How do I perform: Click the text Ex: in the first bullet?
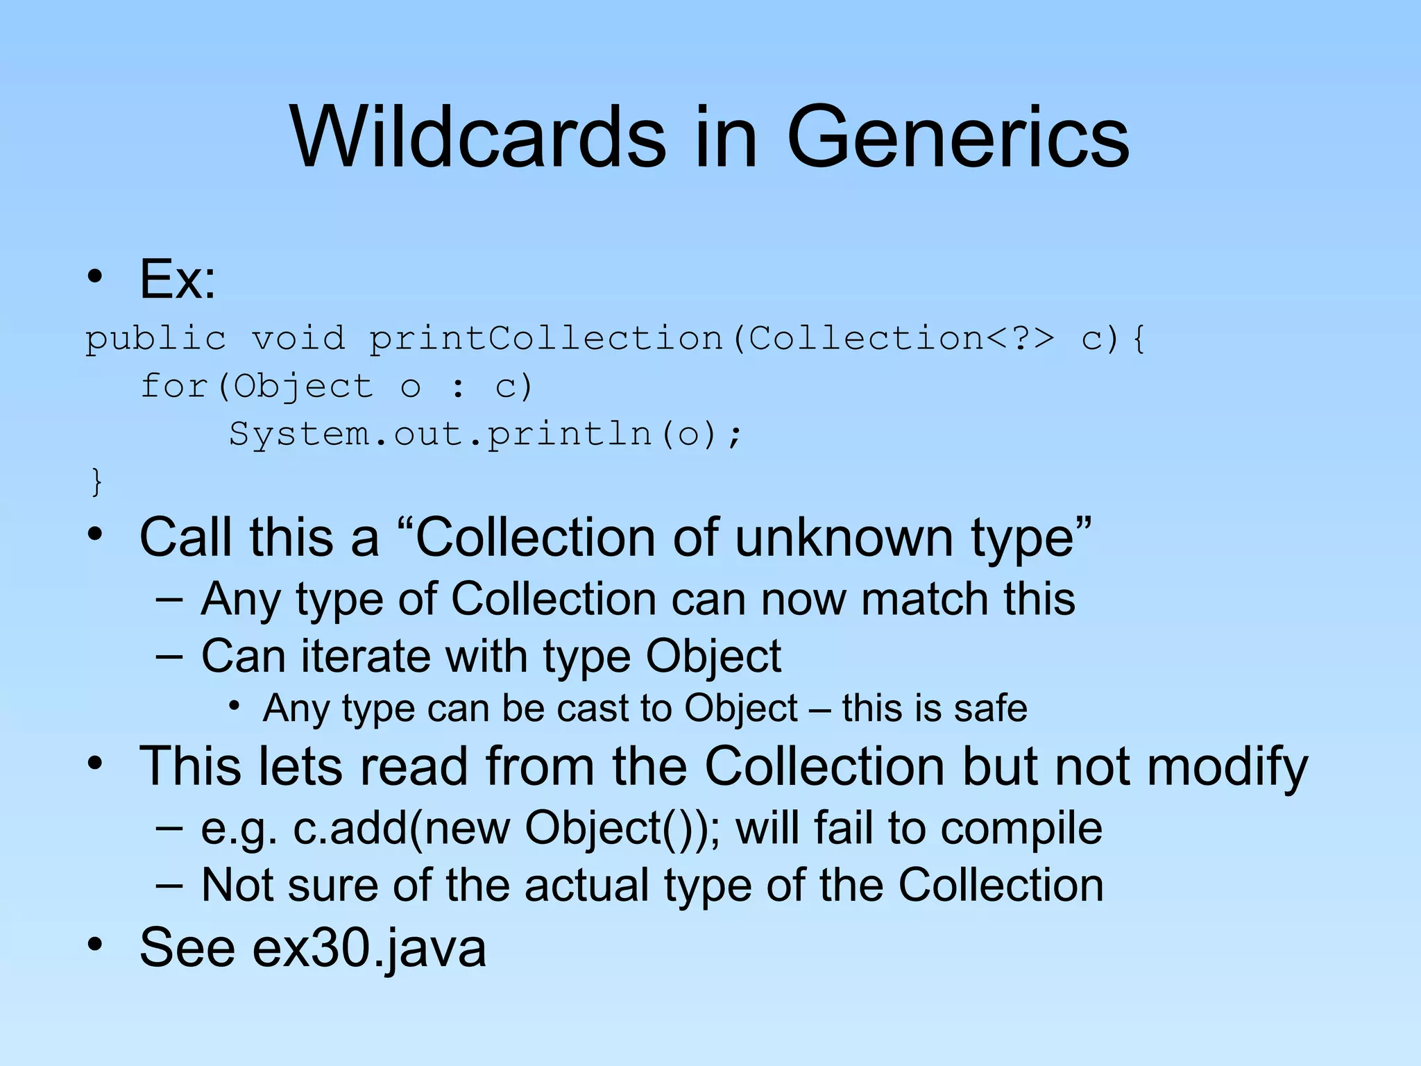(x=178, y=279)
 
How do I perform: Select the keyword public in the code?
(x=155, y=339)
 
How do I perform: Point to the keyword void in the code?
(x=298, y=339)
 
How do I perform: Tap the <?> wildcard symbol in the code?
(x=1019, y=339)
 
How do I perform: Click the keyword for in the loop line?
(x=173, y=387)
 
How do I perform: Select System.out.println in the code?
(x=441, y=434)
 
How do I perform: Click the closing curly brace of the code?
(x=96, y=482)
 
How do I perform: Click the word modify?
(x=1227, y=768)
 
